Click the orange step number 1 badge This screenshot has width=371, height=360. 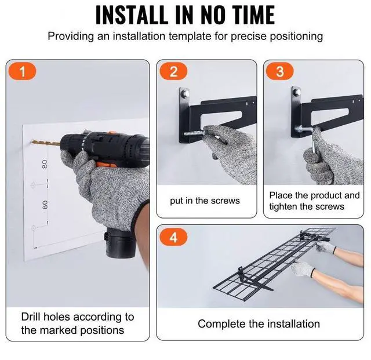(22, 71)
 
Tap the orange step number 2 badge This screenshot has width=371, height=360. (173, 71)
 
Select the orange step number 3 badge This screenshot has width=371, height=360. (280, 71)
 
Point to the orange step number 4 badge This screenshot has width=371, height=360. (173, 237)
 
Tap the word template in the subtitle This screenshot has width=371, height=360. (190, 37)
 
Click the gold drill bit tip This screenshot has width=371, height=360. (32, 142)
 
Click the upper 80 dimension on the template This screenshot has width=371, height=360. (45, 164)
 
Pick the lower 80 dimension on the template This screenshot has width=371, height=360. (45, 205)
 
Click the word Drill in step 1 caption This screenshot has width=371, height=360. (31, 317)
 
